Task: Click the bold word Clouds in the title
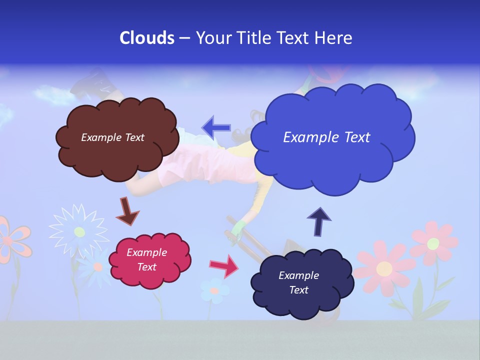point(147,38)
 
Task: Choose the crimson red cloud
point(150,260)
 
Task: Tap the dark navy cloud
point(298,283)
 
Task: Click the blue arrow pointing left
point(216,127)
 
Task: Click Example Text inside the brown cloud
point(112,137)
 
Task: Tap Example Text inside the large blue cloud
point(326,137)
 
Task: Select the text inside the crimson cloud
point(146,260)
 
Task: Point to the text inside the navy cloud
point(298,283)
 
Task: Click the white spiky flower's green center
point(79,231)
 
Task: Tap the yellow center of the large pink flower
point(384,269)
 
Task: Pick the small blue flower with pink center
point(215,290)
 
